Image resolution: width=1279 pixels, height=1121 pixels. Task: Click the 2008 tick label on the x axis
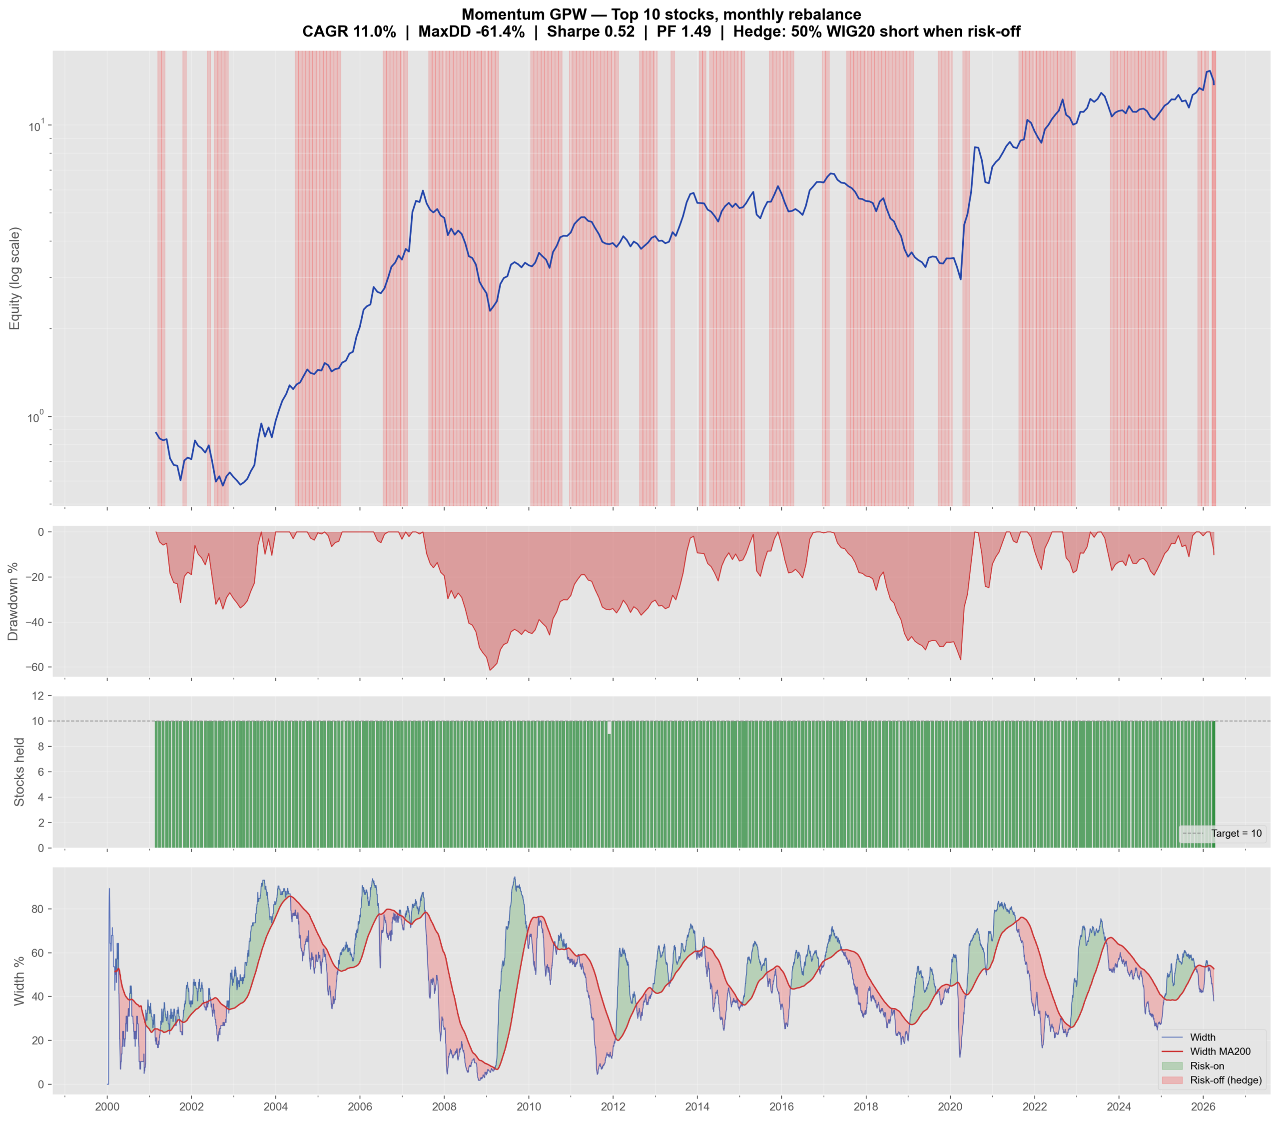coord(444,1106)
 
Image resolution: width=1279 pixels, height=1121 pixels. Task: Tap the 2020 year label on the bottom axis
coord(950,1106)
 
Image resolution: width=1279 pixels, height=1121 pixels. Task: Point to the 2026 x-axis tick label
coord(1203,1106)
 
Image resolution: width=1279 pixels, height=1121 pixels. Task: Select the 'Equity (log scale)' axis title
coord(15,278)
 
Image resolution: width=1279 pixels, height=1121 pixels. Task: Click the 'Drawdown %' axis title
coord(12,601)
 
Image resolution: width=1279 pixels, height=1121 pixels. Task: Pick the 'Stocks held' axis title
coord(19,772)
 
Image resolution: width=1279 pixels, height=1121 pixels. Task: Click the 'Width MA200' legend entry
coord(1220,1052)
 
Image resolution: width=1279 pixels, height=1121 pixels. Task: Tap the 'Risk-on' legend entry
coord(1207,1066)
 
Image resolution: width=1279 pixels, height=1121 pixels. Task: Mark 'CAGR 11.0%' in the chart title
coord(349,32)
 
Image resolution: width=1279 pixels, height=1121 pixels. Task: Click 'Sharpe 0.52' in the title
coord(591,32)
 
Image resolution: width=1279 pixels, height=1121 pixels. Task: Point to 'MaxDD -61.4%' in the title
coord(471,32)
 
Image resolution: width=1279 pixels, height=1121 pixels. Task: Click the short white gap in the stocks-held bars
coord(609,728)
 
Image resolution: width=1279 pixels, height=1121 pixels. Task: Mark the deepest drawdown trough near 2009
coord(490,671)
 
